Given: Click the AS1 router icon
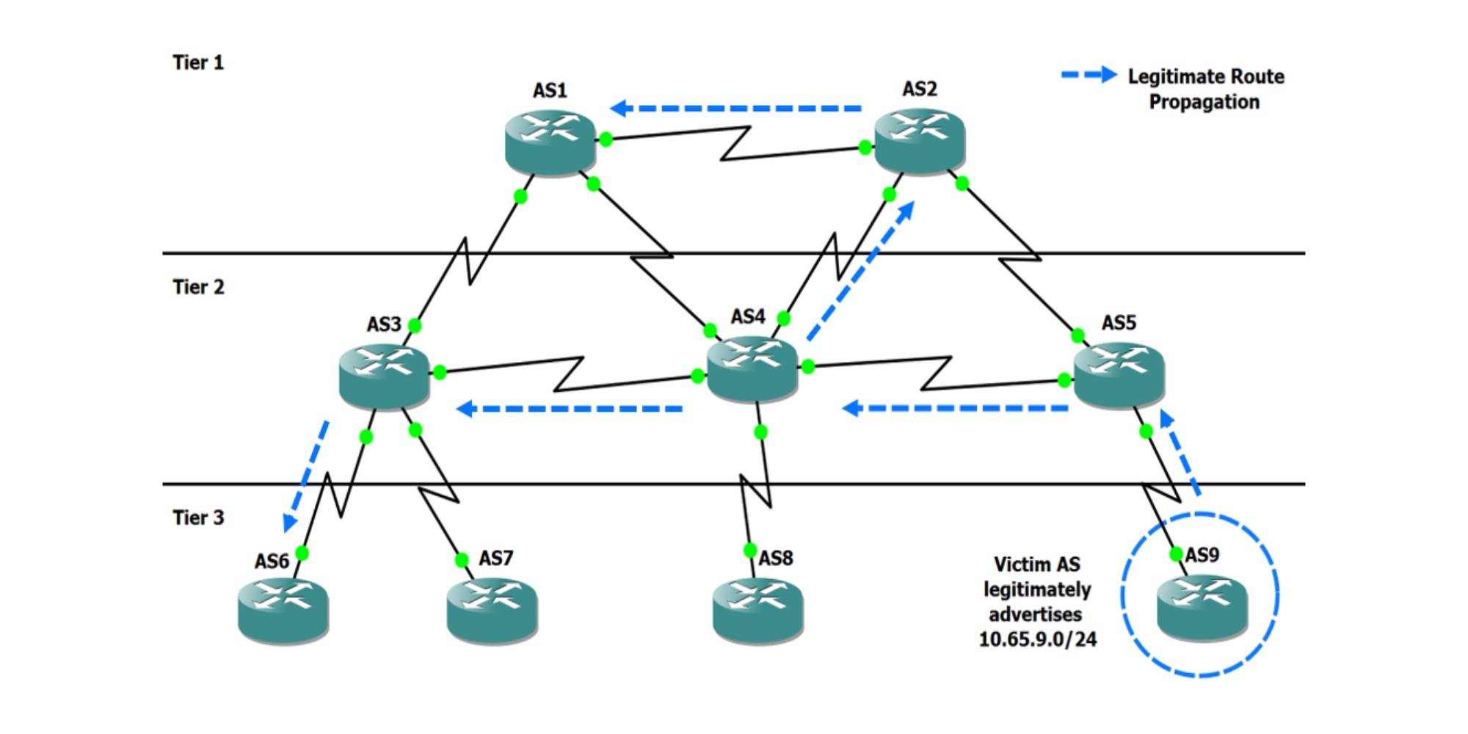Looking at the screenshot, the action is (550, 142).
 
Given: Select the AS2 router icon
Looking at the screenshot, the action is (920, 142).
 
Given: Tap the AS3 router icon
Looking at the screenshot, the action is (385, 377).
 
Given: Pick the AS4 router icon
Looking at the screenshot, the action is (752, 369).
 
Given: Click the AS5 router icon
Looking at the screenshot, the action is (1119, 375).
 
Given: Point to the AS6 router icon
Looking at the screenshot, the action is (283, 611).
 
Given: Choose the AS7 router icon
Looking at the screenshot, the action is (493, 611).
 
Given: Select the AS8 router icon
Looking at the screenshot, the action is (758, 611).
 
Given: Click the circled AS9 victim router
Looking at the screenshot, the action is (1202, 608).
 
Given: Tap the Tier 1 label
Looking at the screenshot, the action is (198, 62).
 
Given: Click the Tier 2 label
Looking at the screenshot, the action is (198, 287).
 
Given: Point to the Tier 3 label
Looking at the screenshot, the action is (198, 517).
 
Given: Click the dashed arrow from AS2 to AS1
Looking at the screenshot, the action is (736, 109).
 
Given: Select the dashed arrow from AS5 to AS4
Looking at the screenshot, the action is (955, 408).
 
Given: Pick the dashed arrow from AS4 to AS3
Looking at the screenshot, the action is (570, 409).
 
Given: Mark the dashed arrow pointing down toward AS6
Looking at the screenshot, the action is (306, 476).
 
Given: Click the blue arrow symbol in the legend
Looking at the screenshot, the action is (1089, 75).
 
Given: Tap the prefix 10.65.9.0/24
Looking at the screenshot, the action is (1038, 639).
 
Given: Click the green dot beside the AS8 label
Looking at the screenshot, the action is (750, 550).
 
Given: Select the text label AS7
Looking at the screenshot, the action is (496, 559).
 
